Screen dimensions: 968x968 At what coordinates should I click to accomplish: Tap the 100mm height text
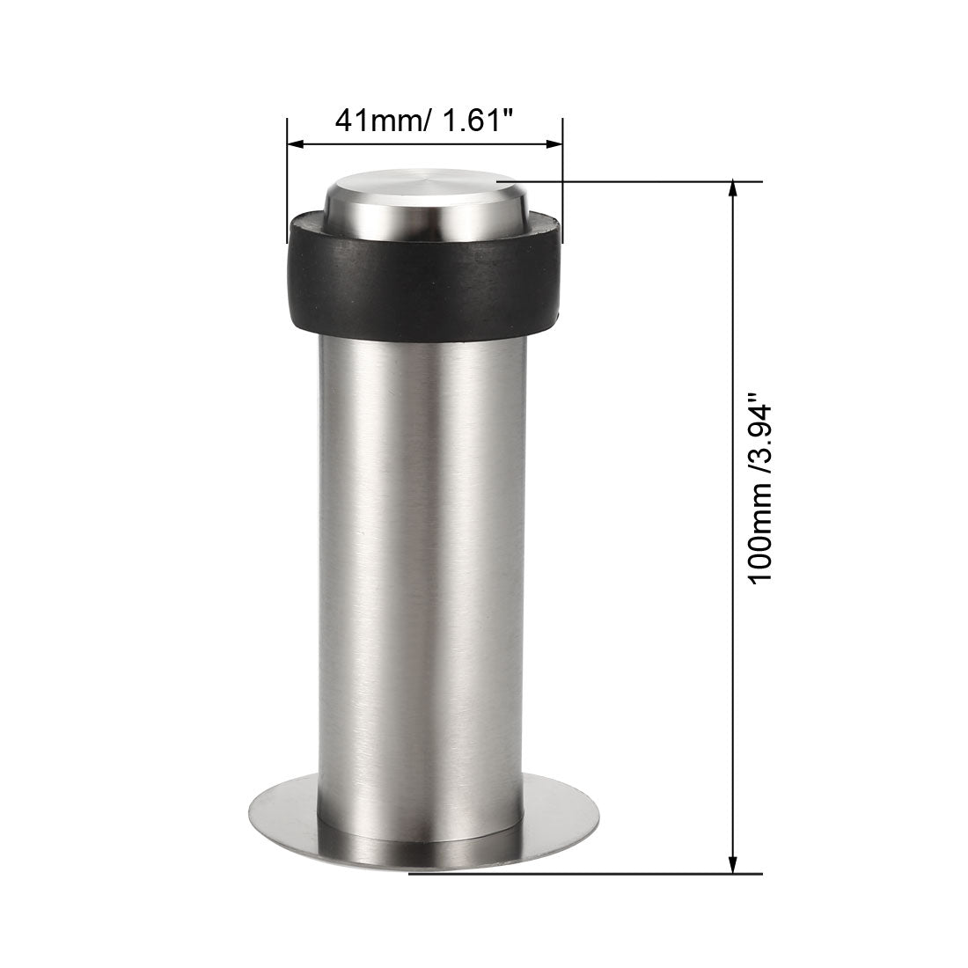point(759,532)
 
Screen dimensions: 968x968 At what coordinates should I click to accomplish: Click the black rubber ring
point(422,282)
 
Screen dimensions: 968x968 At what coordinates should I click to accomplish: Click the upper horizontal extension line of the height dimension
point(634,182)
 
